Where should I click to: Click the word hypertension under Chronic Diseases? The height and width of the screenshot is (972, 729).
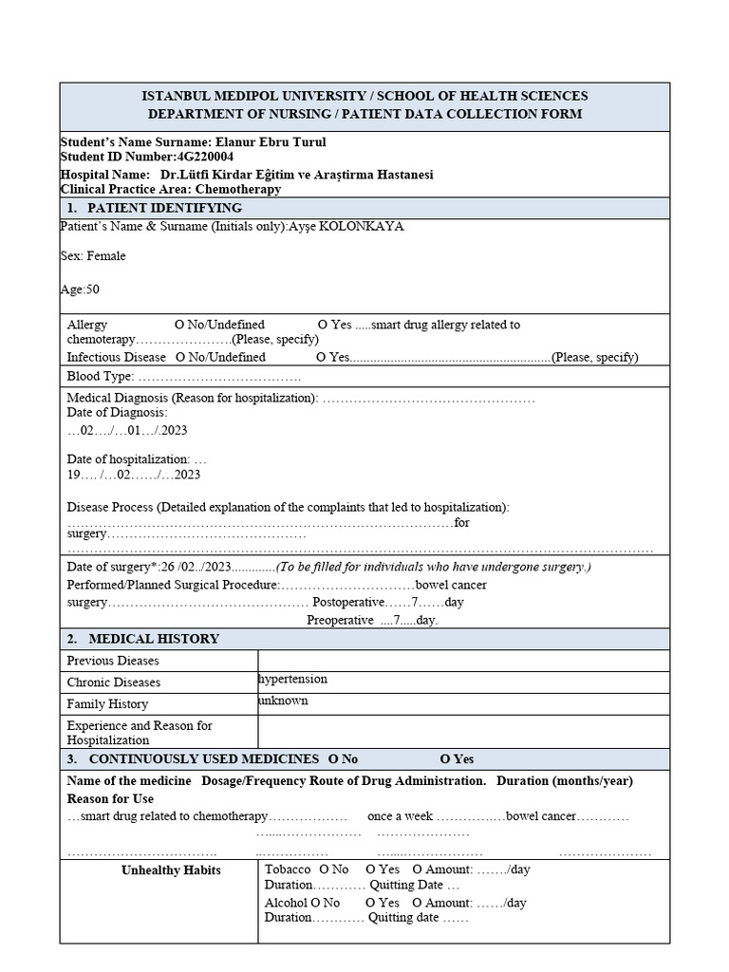(292, 680)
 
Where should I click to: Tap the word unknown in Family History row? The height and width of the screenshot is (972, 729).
(282, 701)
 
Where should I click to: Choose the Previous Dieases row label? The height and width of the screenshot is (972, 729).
(113, 661)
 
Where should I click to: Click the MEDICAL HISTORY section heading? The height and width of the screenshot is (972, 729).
(154, 639)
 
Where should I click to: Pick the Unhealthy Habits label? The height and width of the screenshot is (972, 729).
(171, 870)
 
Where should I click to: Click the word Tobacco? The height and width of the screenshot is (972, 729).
(288, 869)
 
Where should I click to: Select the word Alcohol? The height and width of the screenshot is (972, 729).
(286, 903)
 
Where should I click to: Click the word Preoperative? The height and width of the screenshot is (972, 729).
(340, 620)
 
